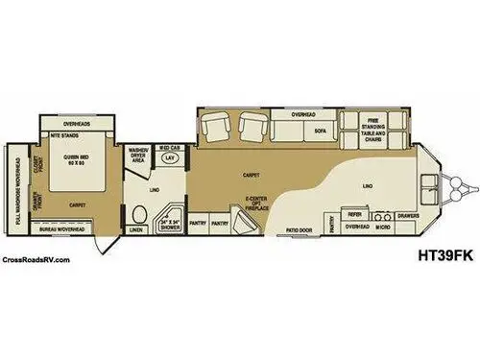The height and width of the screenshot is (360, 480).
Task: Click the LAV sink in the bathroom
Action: (171, 156)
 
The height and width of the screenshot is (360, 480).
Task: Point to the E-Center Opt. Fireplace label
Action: (255, 205)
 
